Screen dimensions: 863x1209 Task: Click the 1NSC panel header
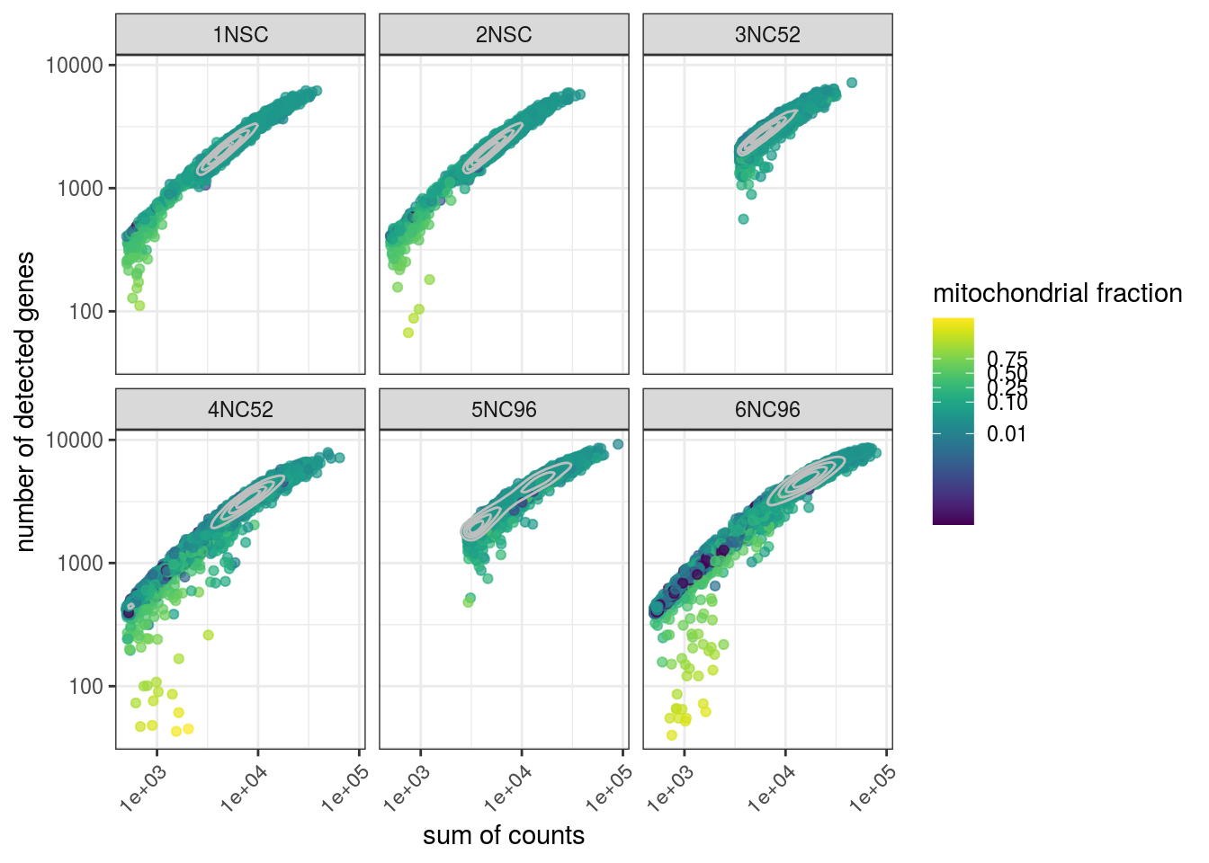(240, 35)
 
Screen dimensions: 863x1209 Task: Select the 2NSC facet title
(504, 35)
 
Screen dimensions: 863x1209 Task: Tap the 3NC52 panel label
(767, 35)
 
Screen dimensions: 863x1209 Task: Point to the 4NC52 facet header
(240, 410)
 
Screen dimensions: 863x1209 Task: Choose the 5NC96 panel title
(504, 410)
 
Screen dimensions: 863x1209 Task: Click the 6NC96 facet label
(767, 410)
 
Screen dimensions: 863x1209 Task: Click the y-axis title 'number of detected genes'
(25, 401)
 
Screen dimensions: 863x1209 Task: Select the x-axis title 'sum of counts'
(504, 835)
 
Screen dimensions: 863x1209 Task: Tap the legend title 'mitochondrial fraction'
(1057, 293)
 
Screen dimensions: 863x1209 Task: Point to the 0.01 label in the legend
(1006, 434)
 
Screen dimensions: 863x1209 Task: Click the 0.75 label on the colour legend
(1007, 360)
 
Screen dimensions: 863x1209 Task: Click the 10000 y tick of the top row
(75, 66)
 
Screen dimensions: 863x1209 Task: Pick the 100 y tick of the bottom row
(87, 687)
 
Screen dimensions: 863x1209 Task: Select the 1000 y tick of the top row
(81, 189)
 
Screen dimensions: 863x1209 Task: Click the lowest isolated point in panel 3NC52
(743, 218)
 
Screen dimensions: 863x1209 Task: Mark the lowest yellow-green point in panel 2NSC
(408, 333)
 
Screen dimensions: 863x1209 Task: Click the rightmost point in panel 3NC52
(852, 83)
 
